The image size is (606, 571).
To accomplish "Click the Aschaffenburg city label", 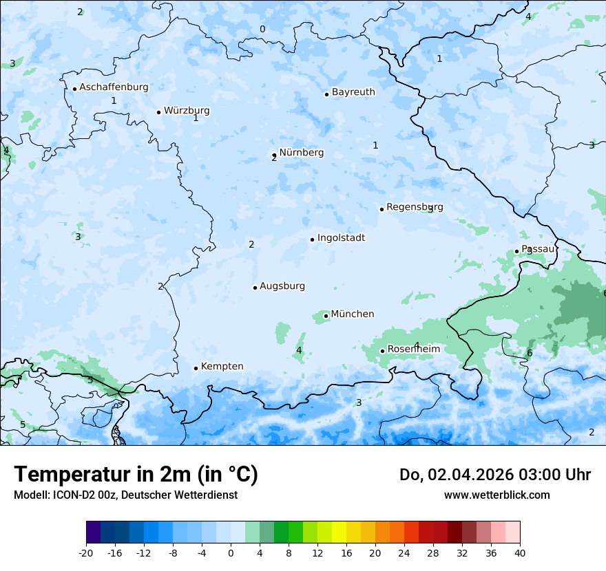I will click(x=114, y=87).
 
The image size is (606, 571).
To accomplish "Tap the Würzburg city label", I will click(x=187, y=111).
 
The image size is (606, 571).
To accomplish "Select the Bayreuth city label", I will click(x=353, y=92).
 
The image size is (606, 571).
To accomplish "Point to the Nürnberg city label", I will click(x=301, y=153).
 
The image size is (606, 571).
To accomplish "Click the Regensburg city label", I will click(x=415, y=207).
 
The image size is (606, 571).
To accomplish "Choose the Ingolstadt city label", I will click(x=341, y=238).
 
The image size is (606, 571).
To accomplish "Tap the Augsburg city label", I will click(x=282, y=286).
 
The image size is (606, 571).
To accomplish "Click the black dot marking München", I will click(x=326, y=316).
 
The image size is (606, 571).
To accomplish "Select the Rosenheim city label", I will click(x=413, y=349).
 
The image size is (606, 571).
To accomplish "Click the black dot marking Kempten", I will click(x=196, y=368).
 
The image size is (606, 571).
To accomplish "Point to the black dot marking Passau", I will click(x=516, y=251).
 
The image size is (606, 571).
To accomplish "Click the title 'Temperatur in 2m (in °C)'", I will click(x=136, y=475).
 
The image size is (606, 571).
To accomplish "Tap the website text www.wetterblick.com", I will click(x=497, y=495).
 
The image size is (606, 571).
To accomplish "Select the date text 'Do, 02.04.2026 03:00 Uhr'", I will click(x=495, y=475).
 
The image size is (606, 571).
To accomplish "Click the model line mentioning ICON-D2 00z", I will click(x=125, y=495).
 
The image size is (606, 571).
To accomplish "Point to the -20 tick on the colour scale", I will click(x=86, y=552).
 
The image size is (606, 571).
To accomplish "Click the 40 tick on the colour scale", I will click(x=520, y=552).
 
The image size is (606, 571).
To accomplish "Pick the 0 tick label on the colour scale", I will click(x=231, y=552).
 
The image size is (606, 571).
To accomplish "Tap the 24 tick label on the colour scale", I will click(x=404, y=552).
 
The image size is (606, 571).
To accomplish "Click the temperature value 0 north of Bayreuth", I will click(x=262, y=29).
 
